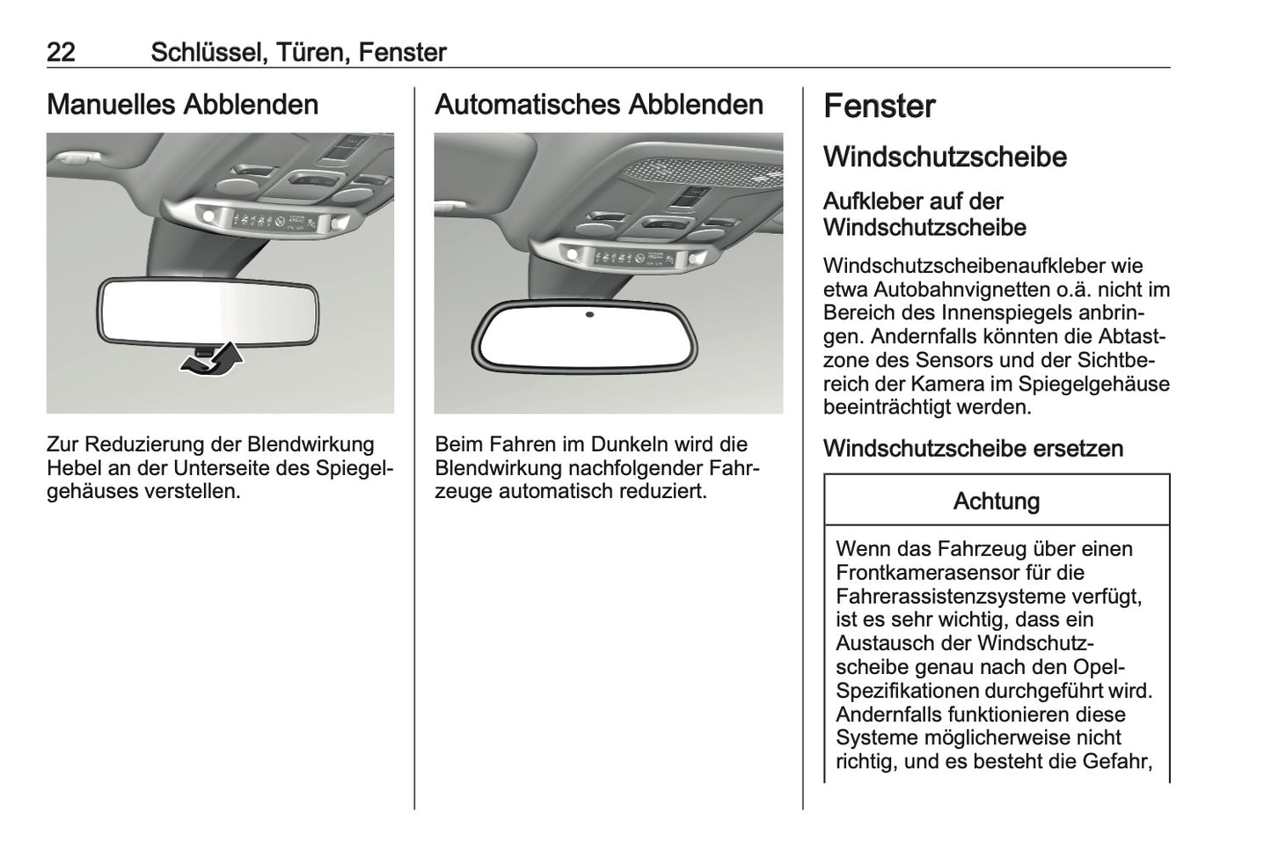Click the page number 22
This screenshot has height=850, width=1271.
click(61, 52)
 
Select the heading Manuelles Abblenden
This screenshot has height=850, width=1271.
click(182, 105)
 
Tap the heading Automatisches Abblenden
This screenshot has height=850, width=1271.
click(599, 105)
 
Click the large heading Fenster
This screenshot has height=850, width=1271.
click(879, 106)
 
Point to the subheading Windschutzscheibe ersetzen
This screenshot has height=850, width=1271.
click(973, 449)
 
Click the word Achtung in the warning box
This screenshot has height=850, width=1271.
click(996, 502)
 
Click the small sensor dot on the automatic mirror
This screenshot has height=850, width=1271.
click(588, 314)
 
